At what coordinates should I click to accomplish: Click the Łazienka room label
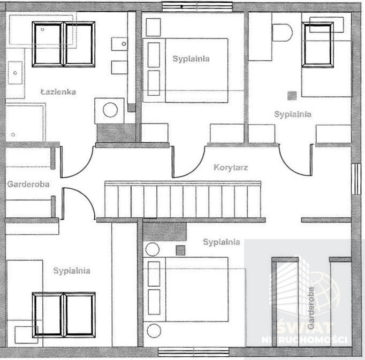[58, 91]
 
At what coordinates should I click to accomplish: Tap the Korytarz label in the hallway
[231, 167]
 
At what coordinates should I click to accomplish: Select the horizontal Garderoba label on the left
[28, 185]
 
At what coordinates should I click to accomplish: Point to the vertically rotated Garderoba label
[311, 308]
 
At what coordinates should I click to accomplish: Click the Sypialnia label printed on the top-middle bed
[191, 58]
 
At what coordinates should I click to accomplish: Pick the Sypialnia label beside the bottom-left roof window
[72, 271]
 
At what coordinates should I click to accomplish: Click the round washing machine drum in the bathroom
[110, 110]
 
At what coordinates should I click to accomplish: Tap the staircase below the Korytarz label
[182, 200]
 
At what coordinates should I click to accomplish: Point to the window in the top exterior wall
[197, 6]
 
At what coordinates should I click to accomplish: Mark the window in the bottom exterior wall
[193, 352]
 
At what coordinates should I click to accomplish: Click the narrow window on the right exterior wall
[356, 179]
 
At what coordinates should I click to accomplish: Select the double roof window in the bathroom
[63, 44]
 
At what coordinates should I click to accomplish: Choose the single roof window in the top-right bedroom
[318, 45]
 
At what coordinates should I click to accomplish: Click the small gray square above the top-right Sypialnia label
[292, 96]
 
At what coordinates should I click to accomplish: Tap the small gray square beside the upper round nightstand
[180, 250]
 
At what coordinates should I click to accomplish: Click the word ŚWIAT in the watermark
[305, 328]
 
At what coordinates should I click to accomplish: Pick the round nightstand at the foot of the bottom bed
[154, 331]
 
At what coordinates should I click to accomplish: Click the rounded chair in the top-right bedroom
[282, 33]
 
